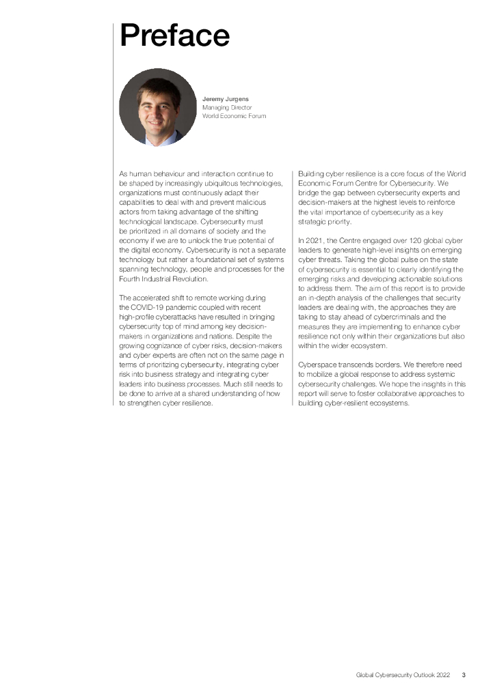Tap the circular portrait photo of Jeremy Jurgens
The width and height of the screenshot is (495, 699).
[x=158, y=107]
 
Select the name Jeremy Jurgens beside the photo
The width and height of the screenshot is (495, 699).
[x=224, y=100]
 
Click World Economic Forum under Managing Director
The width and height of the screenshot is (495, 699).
[x=234, y=116]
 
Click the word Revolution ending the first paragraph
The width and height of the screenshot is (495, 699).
[x=193, y=279]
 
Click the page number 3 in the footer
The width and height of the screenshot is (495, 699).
[x=464, y=675]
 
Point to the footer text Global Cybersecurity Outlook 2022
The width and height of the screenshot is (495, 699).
[x=403, y=675]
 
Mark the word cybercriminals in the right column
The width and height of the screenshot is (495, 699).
[x=419, y=317]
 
